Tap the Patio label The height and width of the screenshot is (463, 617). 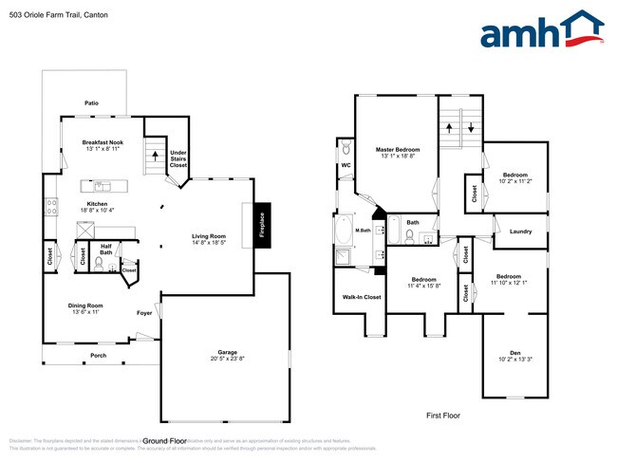point(91,103)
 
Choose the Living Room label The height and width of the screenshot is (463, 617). point(208,236)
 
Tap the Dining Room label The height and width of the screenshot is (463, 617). point(84,306)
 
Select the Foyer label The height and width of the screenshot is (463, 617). point(144,312)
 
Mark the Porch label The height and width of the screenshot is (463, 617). point(99,356)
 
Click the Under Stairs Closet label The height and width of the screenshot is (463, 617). point(178,158)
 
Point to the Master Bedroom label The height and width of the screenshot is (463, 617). point(397,150)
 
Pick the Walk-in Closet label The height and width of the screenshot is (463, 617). point(361,297)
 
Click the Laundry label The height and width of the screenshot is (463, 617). point(520,231)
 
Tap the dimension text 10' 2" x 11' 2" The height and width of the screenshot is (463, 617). point(516,181)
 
